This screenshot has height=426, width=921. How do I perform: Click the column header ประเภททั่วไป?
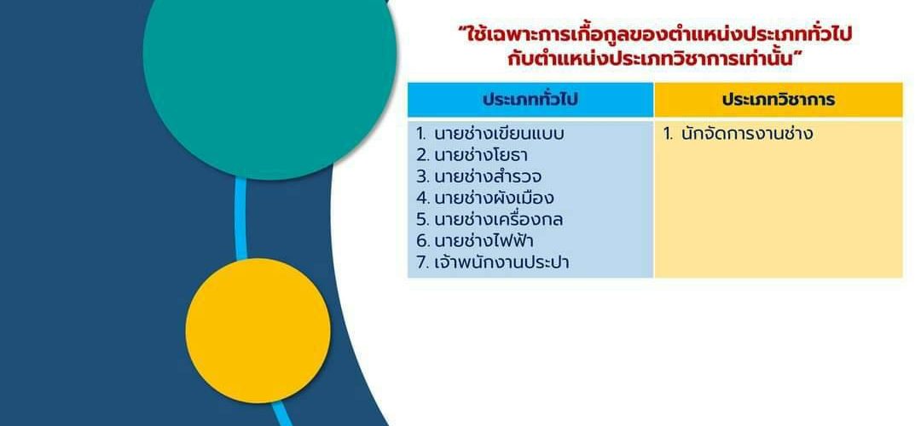pyautogui.click(x=530, y=100)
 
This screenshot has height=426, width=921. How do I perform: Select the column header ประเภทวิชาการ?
pyautogui.click(x=779, y=100)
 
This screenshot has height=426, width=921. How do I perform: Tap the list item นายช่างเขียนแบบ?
pyautogui.click(x=499, y=135)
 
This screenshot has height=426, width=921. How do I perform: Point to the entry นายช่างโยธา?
pyautogui.click(x=480, y=156)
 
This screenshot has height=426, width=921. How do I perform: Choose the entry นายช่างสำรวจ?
pyautogui.click(x=488, y=176)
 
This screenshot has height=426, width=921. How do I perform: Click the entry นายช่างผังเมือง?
pyautogui.click(x=494, y=198)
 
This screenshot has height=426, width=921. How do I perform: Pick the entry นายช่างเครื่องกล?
pyautogui.click(x=498, y=220)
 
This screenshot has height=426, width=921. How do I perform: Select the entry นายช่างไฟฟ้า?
pyautogui.click(x=484, y=240)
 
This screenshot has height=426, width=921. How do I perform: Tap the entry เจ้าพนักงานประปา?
pyautogui.click(x=501, y=262)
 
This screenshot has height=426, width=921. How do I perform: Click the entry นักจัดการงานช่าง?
pyautogui.click(x=747, y=135)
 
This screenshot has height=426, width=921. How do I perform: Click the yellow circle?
pyautogui.click(x=258, y=331)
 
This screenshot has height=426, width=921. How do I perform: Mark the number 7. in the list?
pyautogui.click(x=423, y=262)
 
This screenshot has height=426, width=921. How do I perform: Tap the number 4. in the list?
pyautogui.click(x=423, y=199)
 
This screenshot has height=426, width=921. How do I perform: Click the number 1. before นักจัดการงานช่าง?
pyautogui.click(x=668, y=135)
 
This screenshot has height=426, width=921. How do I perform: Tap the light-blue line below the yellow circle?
pyautogui.click(x=282, y=413)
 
